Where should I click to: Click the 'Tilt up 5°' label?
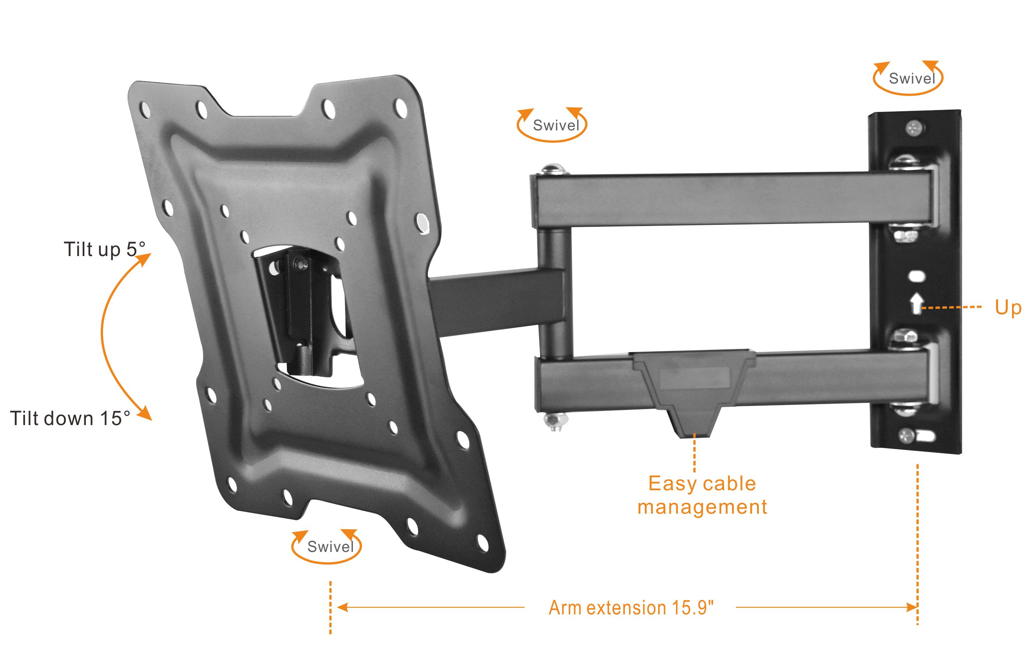point(105,249)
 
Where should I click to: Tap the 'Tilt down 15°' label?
point(70,418)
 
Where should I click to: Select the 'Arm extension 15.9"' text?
point(631,607)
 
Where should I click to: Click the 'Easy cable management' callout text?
point(702,495)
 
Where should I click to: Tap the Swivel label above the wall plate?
point(911,78)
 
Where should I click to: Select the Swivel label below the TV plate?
point(331,546)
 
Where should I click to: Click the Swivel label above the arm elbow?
point(556,125)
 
